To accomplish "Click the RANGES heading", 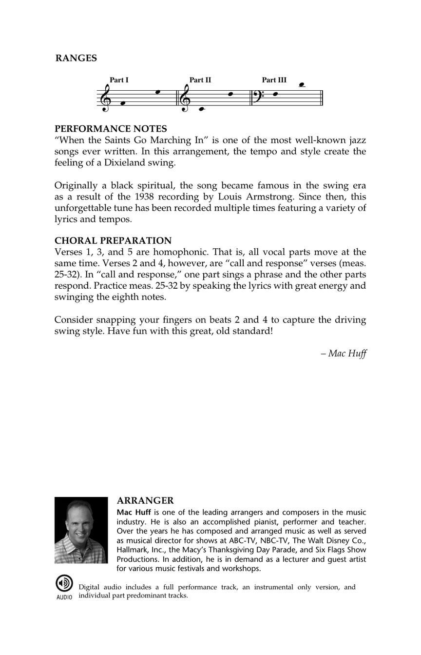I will [76, 58].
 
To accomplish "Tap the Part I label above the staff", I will [119, 80].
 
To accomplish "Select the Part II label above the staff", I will [200, 80].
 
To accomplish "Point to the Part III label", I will [274, 80].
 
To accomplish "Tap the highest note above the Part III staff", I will [302, 85].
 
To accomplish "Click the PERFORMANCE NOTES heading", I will [111, 129].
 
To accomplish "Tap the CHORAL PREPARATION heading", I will [113, 240].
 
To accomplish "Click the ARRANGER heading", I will [145, 501].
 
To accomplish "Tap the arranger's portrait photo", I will [81, 530].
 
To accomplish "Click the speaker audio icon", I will [63, 583].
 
